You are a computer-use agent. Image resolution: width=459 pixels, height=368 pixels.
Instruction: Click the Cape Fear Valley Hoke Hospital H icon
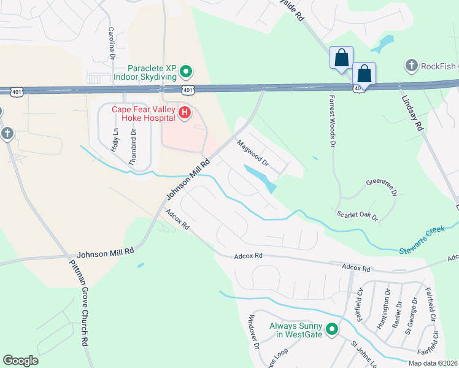coord(184,113)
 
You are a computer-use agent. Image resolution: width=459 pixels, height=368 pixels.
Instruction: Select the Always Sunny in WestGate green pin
coord(332,330)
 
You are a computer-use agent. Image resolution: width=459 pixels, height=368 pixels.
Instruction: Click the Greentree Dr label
coord(382,183)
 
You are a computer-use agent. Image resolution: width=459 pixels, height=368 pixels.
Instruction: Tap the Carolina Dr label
coord(112,42)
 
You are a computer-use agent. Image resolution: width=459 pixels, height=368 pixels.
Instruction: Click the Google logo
coord(20,361)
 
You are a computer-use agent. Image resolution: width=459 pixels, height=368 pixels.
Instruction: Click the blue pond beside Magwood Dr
coord(261,177)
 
